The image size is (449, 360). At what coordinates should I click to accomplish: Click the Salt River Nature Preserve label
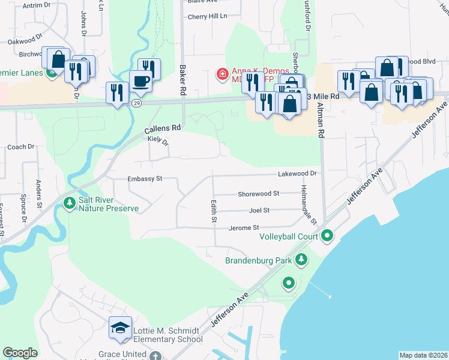tap(109, 204)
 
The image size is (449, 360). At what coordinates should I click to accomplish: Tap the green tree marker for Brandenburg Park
tap(301, 260)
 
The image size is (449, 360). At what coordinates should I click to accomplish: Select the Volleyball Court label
tap(288, 236)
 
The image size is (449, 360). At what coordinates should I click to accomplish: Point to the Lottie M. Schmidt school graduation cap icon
tap(121, 328)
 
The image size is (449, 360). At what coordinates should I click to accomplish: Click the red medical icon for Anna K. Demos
tap(222, 74)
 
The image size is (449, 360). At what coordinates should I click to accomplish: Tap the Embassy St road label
tap(145, 179)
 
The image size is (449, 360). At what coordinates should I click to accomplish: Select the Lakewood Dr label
tap(297, 173)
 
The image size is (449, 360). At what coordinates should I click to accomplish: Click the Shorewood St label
tap(259, 194)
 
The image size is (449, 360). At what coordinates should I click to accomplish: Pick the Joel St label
tap(259, 211)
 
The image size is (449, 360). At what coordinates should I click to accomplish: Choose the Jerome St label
tap(244, 228)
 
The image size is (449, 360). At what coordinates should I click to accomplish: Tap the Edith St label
tap(213, 212)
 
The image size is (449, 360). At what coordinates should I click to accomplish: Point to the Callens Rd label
tap(163, 128)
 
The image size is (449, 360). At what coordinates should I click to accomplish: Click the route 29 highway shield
tap(137, 104)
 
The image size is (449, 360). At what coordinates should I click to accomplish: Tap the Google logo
tap(20, 353)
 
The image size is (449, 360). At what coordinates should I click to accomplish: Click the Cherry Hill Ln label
tap(208, 16)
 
